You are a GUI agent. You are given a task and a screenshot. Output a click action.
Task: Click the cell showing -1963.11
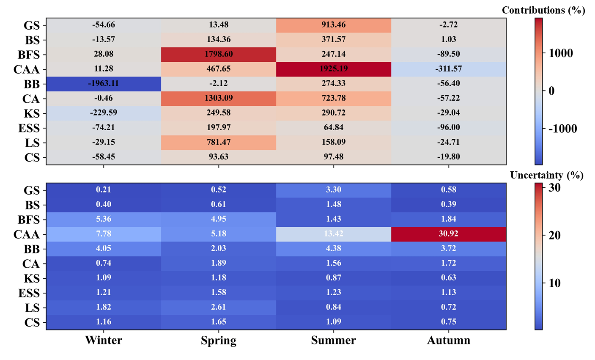104,84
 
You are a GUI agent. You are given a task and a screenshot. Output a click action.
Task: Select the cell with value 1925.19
334,69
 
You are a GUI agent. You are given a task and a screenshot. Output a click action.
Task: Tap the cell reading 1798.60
219,54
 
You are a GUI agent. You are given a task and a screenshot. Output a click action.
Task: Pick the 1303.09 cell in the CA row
219,98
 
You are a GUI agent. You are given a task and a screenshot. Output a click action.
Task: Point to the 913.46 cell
334,25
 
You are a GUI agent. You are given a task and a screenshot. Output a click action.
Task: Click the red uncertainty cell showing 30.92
449,234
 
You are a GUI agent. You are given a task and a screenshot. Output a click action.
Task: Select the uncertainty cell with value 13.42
334,234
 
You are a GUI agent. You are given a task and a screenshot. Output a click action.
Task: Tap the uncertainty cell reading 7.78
104,234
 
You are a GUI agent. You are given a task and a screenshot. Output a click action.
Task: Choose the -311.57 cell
449,69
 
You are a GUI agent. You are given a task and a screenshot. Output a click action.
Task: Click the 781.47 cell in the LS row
219,142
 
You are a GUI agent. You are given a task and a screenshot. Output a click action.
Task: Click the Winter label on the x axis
104,341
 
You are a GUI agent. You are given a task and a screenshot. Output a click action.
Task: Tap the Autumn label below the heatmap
449,341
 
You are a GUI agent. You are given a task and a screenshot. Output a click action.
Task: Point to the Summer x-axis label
334,341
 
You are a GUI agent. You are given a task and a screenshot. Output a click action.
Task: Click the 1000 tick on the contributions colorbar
561,53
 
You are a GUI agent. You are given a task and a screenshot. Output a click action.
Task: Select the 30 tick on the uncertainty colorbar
554,188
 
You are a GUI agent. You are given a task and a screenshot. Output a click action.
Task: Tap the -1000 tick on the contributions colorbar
562,129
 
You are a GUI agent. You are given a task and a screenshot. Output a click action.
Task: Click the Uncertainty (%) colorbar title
546,176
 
